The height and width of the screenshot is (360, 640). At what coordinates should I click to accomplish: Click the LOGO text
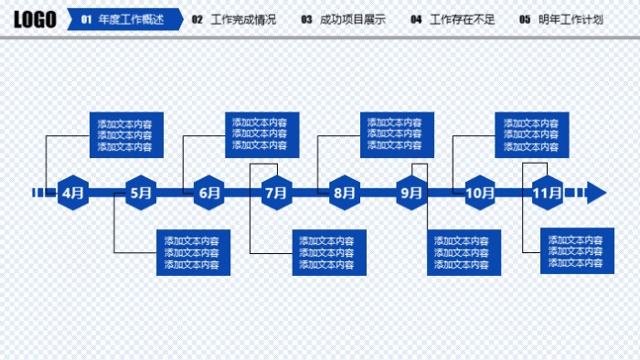click(35, 19)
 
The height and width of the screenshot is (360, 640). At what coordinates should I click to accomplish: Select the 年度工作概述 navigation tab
click(124, 19)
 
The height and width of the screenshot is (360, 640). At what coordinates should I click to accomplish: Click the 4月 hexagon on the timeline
click(74, 193)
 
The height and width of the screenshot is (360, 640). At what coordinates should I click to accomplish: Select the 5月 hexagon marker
click(142, 193)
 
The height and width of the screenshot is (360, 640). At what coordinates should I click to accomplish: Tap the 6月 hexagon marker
click(209, 193)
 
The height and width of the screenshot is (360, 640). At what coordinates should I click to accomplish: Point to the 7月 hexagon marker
click(276, 193)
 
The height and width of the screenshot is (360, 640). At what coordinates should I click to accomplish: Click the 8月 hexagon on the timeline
click(344, 193)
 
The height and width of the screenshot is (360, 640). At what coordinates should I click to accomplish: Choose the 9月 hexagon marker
click(411, 193)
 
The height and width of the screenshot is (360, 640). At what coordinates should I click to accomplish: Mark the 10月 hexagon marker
click(480, 193)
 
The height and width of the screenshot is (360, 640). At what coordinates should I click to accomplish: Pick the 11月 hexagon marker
click(547, 193)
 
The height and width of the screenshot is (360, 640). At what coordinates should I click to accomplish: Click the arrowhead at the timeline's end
click(596, 193)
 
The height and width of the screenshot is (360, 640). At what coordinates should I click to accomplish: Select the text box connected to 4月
click(125, 135)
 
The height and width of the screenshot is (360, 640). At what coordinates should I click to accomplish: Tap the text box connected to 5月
click(192, 252)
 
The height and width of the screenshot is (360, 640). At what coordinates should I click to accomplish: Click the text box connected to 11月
click(576, 251)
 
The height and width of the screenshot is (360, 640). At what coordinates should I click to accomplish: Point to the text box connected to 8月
click(396, 134)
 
